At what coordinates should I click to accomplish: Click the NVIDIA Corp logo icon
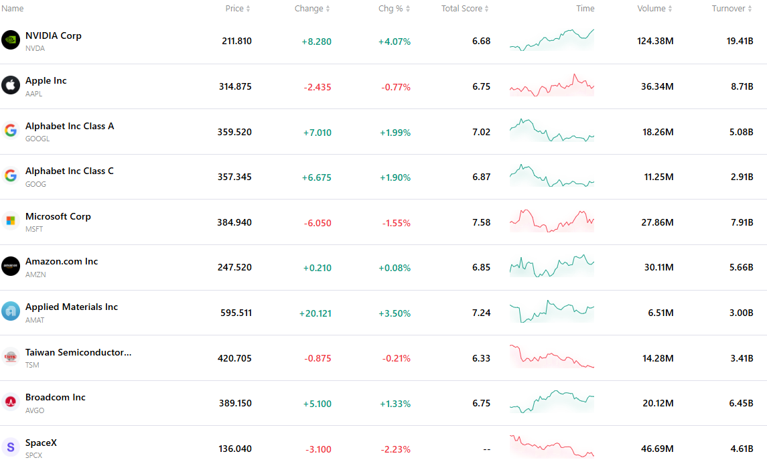[x=10, y=40]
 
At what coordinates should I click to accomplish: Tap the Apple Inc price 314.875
[x=235, y=86]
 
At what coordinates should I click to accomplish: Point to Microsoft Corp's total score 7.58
[x=482, y=222]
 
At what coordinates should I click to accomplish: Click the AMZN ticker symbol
[x=36, y=275]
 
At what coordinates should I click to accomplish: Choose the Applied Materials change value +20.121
[x=316, y=313]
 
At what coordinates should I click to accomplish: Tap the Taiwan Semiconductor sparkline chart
[x=552, y=356]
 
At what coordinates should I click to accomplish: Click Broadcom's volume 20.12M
[x=658, y=404]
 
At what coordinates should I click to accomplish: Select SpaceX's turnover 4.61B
[x=742, y=449]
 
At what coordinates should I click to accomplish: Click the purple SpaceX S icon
[x=10, y=447]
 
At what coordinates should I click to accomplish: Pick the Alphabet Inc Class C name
[x=70, y=171]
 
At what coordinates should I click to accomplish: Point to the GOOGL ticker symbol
[x=38, y=139]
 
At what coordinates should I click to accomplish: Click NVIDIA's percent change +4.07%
[x=395, y=42]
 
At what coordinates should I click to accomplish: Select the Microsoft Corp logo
[x=10, y=221]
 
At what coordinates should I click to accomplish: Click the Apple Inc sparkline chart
[x=552, y=85]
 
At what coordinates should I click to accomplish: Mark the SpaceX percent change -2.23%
[x=396, y=449]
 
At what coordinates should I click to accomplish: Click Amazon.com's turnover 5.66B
[x=741, y=267]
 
